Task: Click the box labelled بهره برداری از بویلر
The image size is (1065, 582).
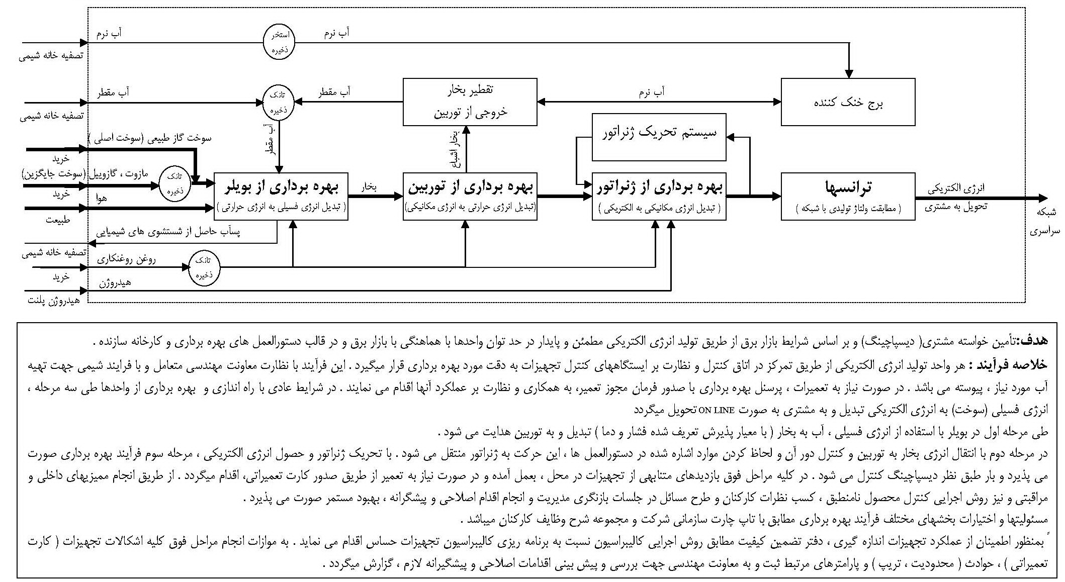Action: [281, 196]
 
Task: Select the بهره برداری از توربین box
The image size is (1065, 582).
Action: [470, 196]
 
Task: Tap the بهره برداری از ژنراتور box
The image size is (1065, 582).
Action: [659, 196]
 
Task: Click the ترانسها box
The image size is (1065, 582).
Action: [848, 196]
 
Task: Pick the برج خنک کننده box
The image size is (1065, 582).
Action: [848, 102]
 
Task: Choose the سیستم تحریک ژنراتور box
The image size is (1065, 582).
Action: [659, 137]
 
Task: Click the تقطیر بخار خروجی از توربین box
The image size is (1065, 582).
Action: [470, 102]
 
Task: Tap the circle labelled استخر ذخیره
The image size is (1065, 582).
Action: [279, 43]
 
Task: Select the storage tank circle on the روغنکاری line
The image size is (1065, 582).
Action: [204, 267]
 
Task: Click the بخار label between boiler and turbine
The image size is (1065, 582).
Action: [370, 187]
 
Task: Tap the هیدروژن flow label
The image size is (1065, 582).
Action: [115, 283]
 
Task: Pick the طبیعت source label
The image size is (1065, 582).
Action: [57, 220]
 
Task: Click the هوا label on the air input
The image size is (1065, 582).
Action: [102, 199]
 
